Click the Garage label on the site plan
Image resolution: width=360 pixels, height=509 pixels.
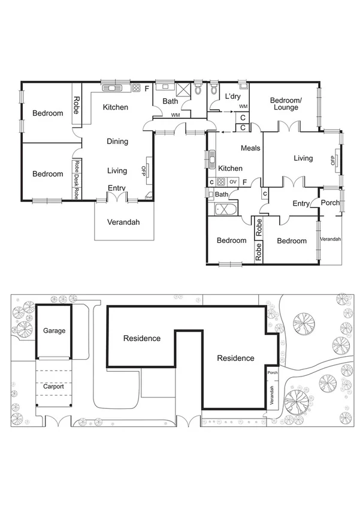[x=54, y=330]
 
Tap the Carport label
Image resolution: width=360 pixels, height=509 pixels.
[x=53, y=387]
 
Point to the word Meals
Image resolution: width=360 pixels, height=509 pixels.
[x=250, y=148]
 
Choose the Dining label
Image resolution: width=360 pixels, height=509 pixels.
[x=117, y=141]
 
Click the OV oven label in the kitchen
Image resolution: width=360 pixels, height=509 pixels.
[x=233, y=182]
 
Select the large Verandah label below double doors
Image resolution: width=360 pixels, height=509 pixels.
[x=123, y=222]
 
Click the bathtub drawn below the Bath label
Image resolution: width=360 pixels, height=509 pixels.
[x=226, y=210]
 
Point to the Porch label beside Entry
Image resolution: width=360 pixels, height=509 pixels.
[x=330, y=203]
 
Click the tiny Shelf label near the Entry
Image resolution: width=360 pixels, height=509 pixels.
[x=148, y=196]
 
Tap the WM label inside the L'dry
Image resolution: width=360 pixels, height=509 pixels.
[x=243, y=106]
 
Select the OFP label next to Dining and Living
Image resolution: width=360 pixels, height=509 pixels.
[x=144, y=171]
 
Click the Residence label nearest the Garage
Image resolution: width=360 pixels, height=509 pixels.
[x=142, y=338]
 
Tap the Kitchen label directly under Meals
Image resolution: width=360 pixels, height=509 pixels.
[x=231, y=168]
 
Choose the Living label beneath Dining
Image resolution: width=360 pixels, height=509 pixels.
[x=117, y=171]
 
